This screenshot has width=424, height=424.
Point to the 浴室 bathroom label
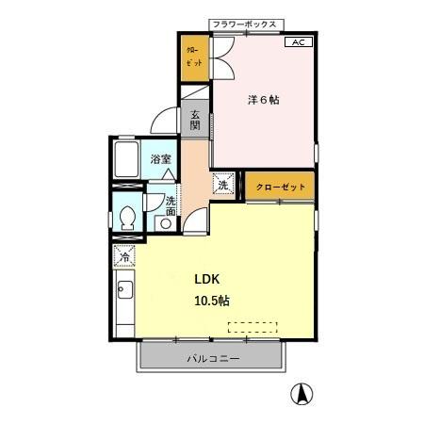point(161,159)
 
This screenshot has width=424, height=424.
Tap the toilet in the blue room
point(127,218)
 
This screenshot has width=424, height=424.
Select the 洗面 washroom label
point(171,206)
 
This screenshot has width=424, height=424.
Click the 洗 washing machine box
point(224,185)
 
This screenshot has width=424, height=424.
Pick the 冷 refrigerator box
point(124,255)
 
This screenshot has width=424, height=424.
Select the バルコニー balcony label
point(212,358)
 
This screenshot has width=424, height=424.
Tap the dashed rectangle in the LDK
point(253,327)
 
